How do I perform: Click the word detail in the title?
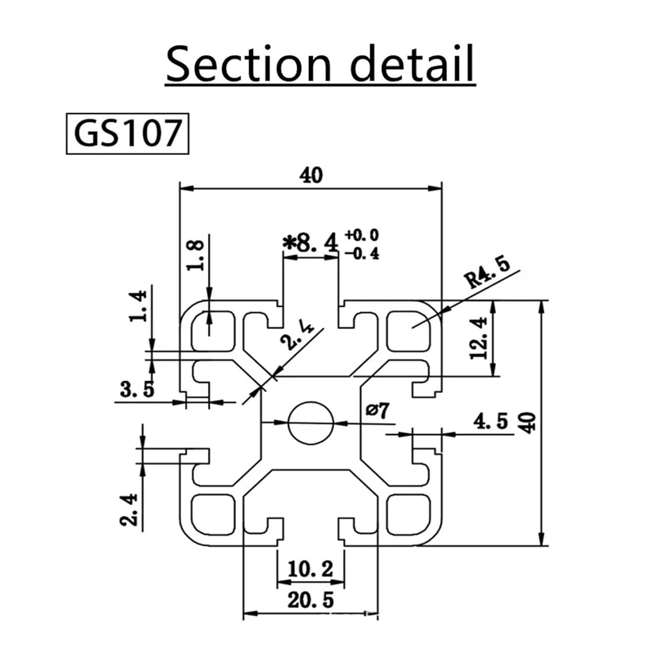click(x=412, y=64)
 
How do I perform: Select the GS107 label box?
click(x=127, y=133)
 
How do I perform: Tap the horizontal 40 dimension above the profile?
click(x=311, y=175)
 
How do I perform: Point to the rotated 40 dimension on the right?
click(x=529, y=422)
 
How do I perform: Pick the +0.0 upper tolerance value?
click(x=362, y=234)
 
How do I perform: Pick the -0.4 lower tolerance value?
click(x=362, y=254)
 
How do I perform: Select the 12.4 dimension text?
click(x=479, y=338)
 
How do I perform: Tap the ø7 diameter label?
click(x=378, y=410)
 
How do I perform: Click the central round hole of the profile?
click(x=311, y=423)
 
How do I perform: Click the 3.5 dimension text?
click(x=137, y=389)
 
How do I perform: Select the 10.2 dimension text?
click(x=310, y=569)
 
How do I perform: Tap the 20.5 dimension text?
click(x=311, y=600)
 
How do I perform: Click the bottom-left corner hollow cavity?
click(x=213, y=514)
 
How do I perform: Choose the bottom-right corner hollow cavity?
click(x=408, y=514)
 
